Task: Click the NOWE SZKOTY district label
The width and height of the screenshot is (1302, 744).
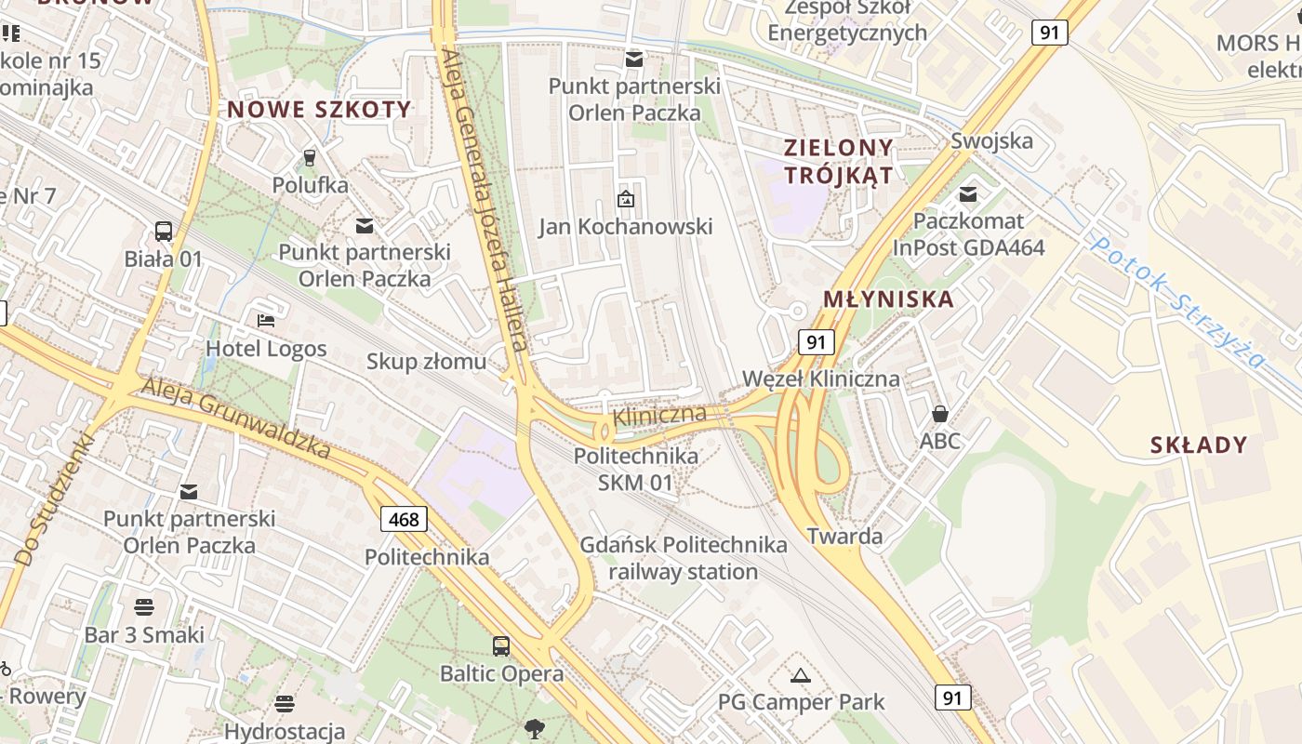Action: point(319,110)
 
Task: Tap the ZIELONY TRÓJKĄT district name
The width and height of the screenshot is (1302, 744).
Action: point(838,161)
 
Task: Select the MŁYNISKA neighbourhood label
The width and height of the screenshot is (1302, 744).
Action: point(889,299)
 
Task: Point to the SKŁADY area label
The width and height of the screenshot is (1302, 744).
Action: point(1198,445)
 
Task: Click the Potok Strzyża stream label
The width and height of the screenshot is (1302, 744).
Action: point(1179,300)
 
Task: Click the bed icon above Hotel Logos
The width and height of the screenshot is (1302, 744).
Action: point(266,321)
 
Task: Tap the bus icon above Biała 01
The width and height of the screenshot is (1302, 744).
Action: point(164,232)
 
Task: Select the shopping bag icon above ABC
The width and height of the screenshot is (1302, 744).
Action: point(939,413)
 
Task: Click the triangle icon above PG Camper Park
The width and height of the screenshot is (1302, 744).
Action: point(801,675)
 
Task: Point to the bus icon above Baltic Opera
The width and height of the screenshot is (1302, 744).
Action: point(501,645)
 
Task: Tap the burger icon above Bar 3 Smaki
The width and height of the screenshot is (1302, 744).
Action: point(144,607)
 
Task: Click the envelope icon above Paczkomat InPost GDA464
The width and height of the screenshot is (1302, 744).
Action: point(968,193)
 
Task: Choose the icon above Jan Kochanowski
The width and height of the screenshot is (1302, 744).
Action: point(626,198)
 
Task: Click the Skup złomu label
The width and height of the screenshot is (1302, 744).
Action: point(426,361)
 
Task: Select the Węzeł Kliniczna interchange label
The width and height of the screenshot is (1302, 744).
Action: point(821,379)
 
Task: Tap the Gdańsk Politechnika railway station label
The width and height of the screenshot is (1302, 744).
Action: point(684,558)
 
